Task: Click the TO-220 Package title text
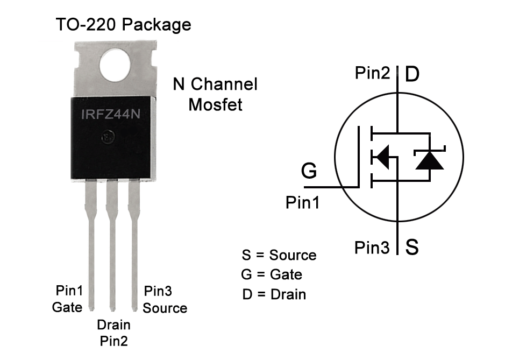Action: click(123, 24)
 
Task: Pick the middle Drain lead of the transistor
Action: click(112, 248)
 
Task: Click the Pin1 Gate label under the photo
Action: click(68, 299)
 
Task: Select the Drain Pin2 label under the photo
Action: click(113, 333)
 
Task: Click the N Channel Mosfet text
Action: click(215, 94)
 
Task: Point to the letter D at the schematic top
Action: click(411, 74)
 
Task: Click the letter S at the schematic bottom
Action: click(412, 248)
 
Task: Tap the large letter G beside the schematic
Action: click(309, 171)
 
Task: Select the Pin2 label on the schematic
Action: click(372, 73)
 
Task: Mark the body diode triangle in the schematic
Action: click(429, 160)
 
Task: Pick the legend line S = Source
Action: click(279, 255)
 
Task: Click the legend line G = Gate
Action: click(272, 274)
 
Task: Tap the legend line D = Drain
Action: click(274, 294)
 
